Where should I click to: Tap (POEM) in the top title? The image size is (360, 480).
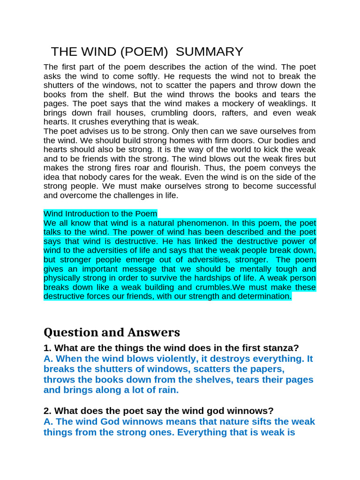145,52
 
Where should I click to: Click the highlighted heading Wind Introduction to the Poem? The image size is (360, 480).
100,214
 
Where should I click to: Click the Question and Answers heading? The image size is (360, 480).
112,332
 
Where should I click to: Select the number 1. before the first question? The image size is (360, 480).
47,348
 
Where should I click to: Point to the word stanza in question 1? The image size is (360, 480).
280,348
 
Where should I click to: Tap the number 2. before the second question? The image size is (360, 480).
47,411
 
